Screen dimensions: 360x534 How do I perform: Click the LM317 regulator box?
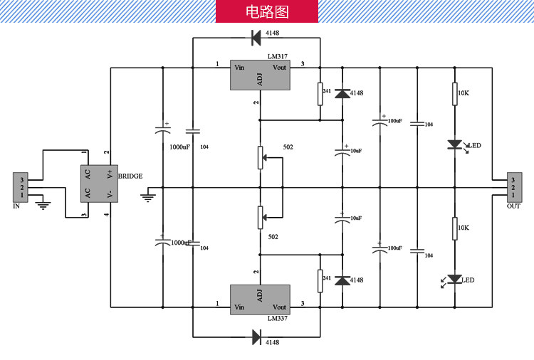click(259, 75)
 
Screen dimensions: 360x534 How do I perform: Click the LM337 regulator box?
click(259, 300)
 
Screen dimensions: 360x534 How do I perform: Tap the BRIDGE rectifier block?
click(98, 184)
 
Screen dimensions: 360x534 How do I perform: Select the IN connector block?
click(22, 187)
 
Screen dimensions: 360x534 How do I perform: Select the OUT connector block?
click(513, 187)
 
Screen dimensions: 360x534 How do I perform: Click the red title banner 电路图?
click(267, 11)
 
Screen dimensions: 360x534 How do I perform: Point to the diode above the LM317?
click(256, 36)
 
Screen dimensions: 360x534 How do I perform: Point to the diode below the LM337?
click(256, 338)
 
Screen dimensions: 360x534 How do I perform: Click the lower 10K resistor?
click(454, 228)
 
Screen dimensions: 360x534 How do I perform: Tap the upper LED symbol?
click(455, 144)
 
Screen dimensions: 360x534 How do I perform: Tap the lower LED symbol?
click(455, 279)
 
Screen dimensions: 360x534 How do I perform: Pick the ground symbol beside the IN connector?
click(43, 205)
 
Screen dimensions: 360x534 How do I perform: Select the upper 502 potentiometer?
click(260, 157)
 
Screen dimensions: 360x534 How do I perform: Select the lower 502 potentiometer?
click(260, 217)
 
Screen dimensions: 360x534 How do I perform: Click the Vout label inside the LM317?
click(280, 68)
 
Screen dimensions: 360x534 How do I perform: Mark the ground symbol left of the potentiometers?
click(149, 194)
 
